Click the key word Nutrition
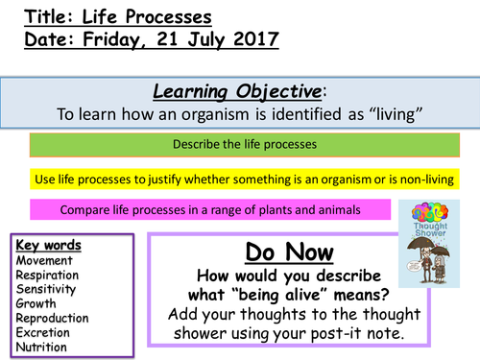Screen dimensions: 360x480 pyautogui.click(x=43, y=347)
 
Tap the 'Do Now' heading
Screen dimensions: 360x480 pyautogui.click(x=290, y=254)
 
